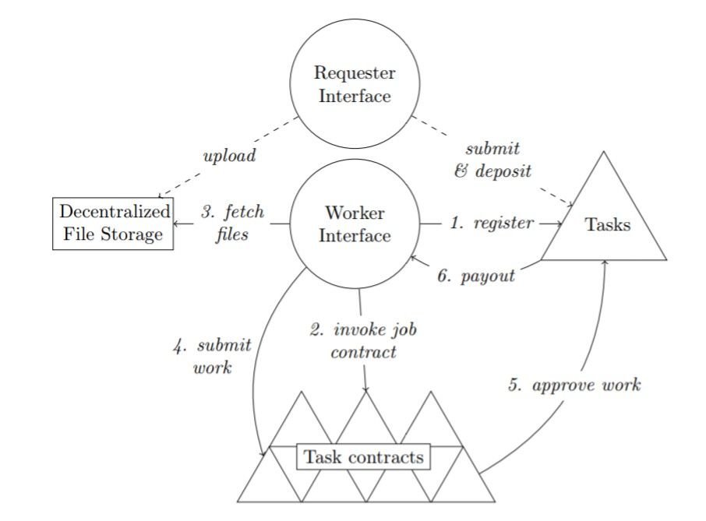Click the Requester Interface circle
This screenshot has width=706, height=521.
[355, 85]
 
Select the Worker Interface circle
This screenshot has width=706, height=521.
[355, 224]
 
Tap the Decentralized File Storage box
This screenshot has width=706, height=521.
[114, 224]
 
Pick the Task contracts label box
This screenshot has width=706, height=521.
[364, 457]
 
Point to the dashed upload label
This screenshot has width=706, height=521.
[229, 156]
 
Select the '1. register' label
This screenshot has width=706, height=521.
[492, 224]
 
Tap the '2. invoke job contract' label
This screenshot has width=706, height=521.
[363, 340]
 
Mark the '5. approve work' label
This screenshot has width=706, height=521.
[574, 385]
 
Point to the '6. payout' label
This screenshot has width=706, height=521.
[475, 276]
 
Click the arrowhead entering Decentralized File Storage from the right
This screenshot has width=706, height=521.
[178, 224]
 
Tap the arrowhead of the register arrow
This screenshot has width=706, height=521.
[560, 224]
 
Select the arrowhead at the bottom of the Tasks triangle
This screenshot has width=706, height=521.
[605, 262]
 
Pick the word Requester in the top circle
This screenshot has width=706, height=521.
[355, 74]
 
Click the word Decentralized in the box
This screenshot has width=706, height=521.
[114, 213]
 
